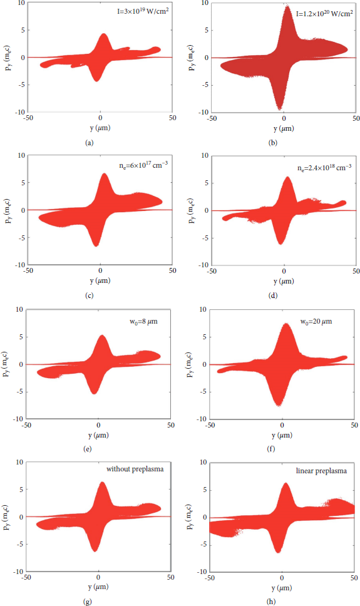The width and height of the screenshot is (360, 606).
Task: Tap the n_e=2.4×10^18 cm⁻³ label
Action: coord(324,167)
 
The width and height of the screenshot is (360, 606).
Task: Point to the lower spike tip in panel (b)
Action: coord(280,110)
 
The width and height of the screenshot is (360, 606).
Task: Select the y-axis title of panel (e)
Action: coord(6,364)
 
